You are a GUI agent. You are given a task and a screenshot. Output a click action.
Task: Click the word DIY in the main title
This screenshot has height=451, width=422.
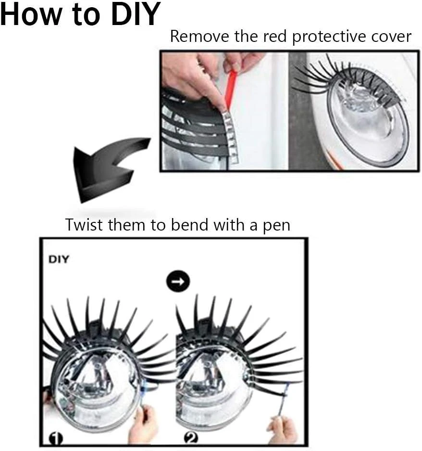click(x=136, y=14)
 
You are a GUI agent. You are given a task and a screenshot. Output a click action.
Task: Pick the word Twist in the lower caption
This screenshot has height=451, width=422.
click(x=84, y=225)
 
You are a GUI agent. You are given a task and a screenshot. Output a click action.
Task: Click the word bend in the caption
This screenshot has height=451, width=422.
click(x=189, y=225)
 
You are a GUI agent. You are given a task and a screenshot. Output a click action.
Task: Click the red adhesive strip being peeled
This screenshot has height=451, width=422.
click(x=230, y=90)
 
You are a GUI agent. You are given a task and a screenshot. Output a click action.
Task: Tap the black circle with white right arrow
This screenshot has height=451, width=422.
click(x=178, y=281)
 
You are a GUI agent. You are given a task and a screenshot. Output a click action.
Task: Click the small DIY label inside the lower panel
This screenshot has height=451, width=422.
click(x=59, y=259)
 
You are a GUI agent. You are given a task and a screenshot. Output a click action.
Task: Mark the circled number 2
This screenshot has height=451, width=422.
click(x=191, y=438)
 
